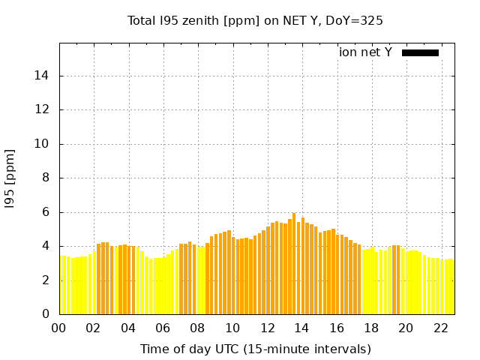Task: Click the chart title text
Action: point(255,20)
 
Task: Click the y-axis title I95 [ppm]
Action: point(10,179)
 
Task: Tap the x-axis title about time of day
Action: point(255,349)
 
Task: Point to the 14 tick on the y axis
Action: point(43,76)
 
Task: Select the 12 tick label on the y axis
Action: point(43,109)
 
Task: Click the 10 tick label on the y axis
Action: point(43,144)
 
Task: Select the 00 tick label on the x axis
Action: point(59,328)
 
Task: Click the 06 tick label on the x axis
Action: point(163,328)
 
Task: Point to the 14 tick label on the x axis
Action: point(301,328)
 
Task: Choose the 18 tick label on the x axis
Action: point(371,328)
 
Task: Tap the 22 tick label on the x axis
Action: point(440,328)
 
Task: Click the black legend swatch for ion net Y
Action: point(420,52)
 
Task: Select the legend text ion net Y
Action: point(365,52)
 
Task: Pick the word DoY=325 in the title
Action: point(354,20)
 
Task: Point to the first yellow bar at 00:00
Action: point(61,286)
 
